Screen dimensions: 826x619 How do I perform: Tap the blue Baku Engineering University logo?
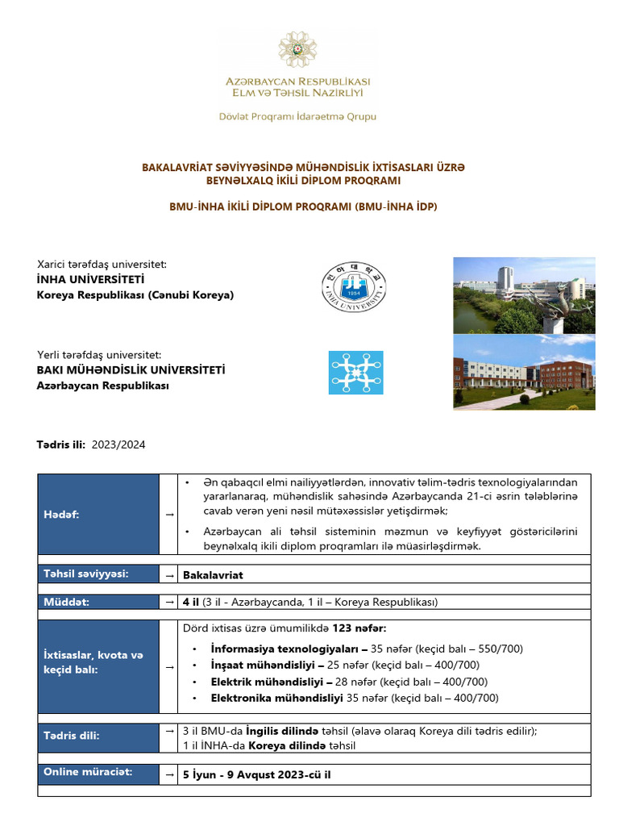pyautogui.click(x=355, y=372)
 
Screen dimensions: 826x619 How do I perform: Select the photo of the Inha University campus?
pyautogui.click(x=524, y=295)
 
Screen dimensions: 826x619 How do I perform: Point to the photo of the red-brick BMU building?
pyautogui.click(x=524, y=372)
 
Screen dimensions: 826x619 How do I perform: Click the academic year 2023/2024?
pyautogui.click(x=118, y=444)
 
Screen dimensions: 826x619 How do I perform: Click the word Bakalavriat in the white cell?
pyautogui.click(x=213, y=575)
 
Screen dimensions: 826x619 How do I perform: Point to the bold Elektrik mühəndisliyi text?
pyautogui.click(x=265, y=682)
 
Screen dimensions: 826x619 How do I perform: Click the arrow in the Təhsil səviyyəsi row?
pyautogui.click(x=170, y=575)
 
